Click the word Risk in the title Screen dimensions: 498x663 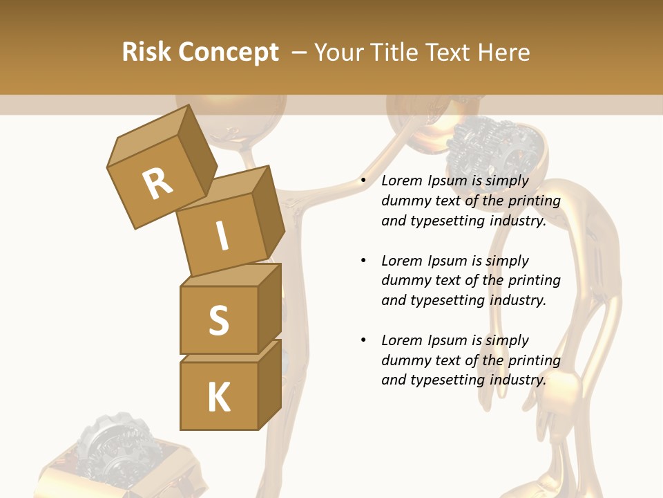147,53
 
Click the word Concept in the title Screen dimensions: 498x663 229,53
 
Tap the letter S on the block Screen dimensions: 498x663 218,320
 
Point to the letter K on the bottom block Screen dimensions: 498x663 218,398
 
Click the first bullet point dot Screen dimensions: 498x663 363,181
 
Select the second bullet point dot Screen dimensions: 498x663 363,261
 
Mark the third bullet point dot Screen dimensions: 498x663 363,340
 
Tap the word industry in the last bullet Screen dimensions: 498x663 518,380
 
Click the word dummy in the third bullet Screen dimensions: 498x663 405,360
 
